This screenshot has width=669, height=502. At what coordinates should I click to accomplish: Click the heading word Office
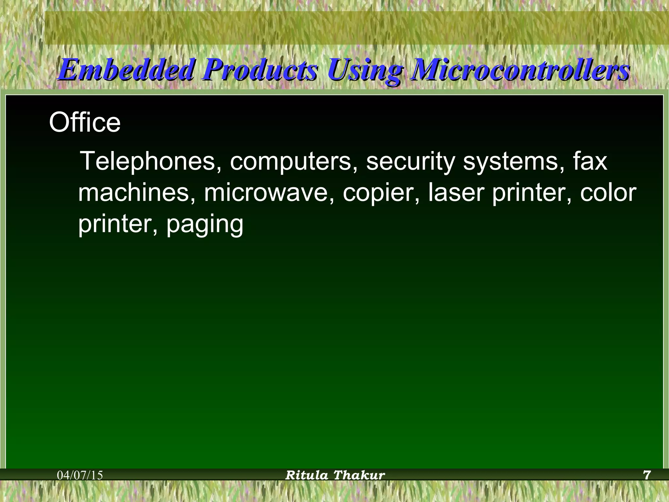point(85,123)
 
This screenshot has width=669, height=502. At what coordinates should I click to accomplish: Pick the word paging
point(205,225)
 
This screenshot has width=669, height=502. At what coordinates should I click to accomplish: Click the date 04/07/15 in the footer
point(80,475)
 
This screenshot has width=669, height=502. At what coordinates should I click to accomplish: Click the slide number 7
point(647,475)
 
